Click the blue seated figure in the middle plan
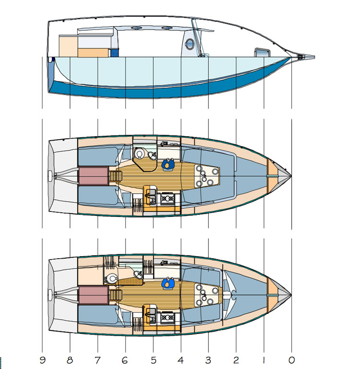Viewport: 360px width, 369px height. tap(168, 164)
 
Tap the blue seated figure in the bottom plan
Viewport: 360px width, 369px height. tap(168, 284)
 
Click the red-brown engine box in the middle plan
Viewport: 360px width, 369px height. tap(93, 176)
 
